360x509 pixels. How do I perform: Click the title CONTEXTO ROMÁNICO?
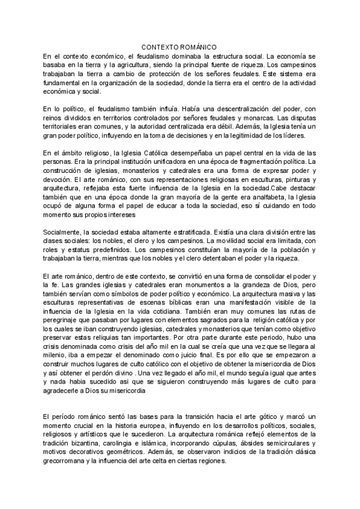[179, 47]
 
